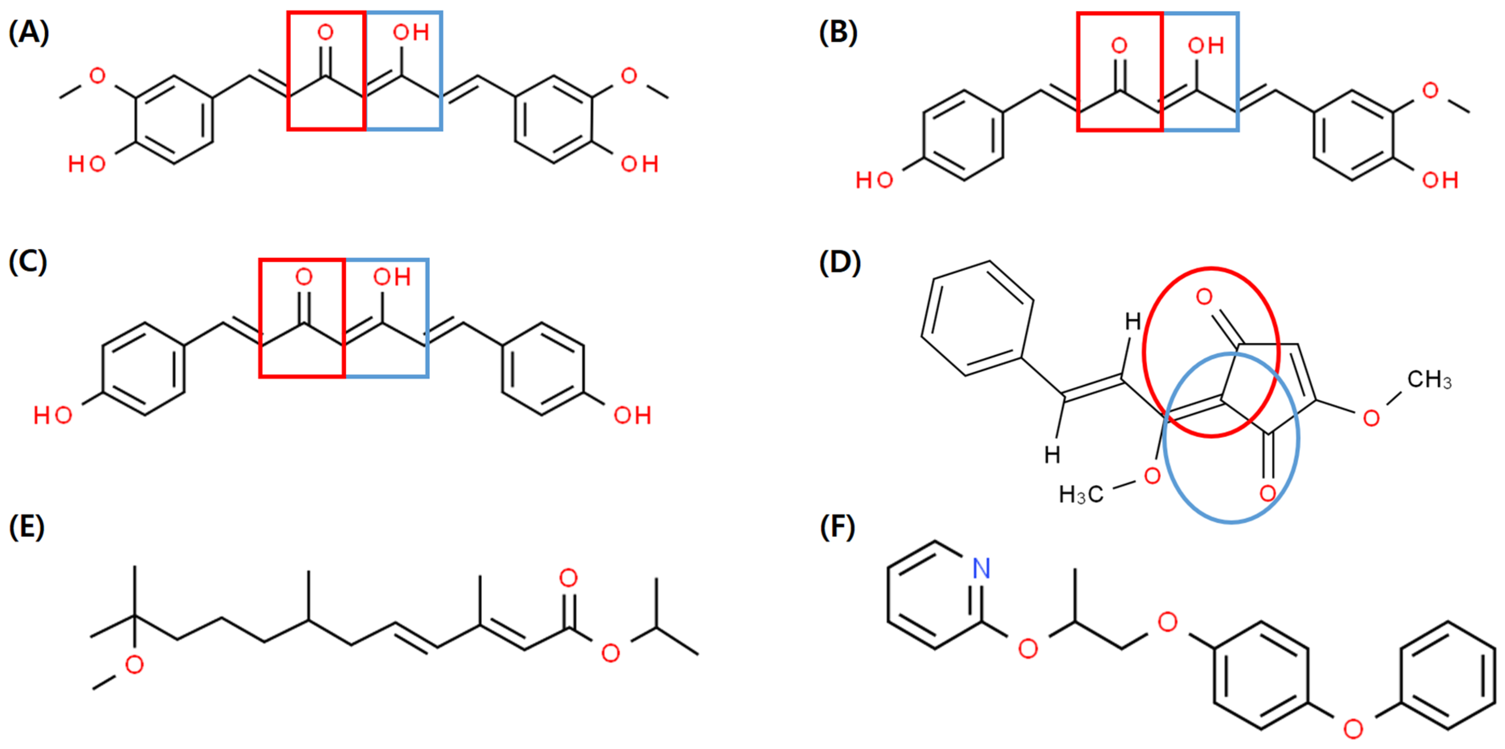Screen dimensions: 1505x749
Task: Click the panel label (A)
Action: [29, 32]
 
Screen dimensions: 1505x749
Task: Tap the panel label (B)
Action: [838, 32]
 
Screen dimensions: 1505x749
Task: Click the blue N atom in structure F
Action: [981, 568]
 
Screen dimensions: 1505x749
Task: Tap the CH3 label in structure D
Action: [1429, 380]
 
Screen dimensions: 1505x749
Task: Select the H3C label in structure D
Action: [1081, 495]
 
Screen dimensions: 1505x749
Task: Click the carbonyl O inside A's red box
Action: [325, 32]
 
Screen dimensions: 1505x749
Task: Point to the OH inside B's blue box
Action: [1206, 46]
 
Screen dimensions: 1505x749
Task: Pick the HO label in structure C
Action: [53, 416]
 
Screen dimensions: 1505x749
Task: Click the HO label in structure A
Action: [86, 164]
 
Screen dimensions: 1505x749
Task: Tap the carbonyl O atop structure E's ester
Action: [568, 578]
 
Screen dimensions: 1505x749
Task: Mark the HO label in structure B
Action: [874, 181]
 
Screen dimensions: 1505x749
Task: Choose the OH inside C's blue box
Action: [392, 277]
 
